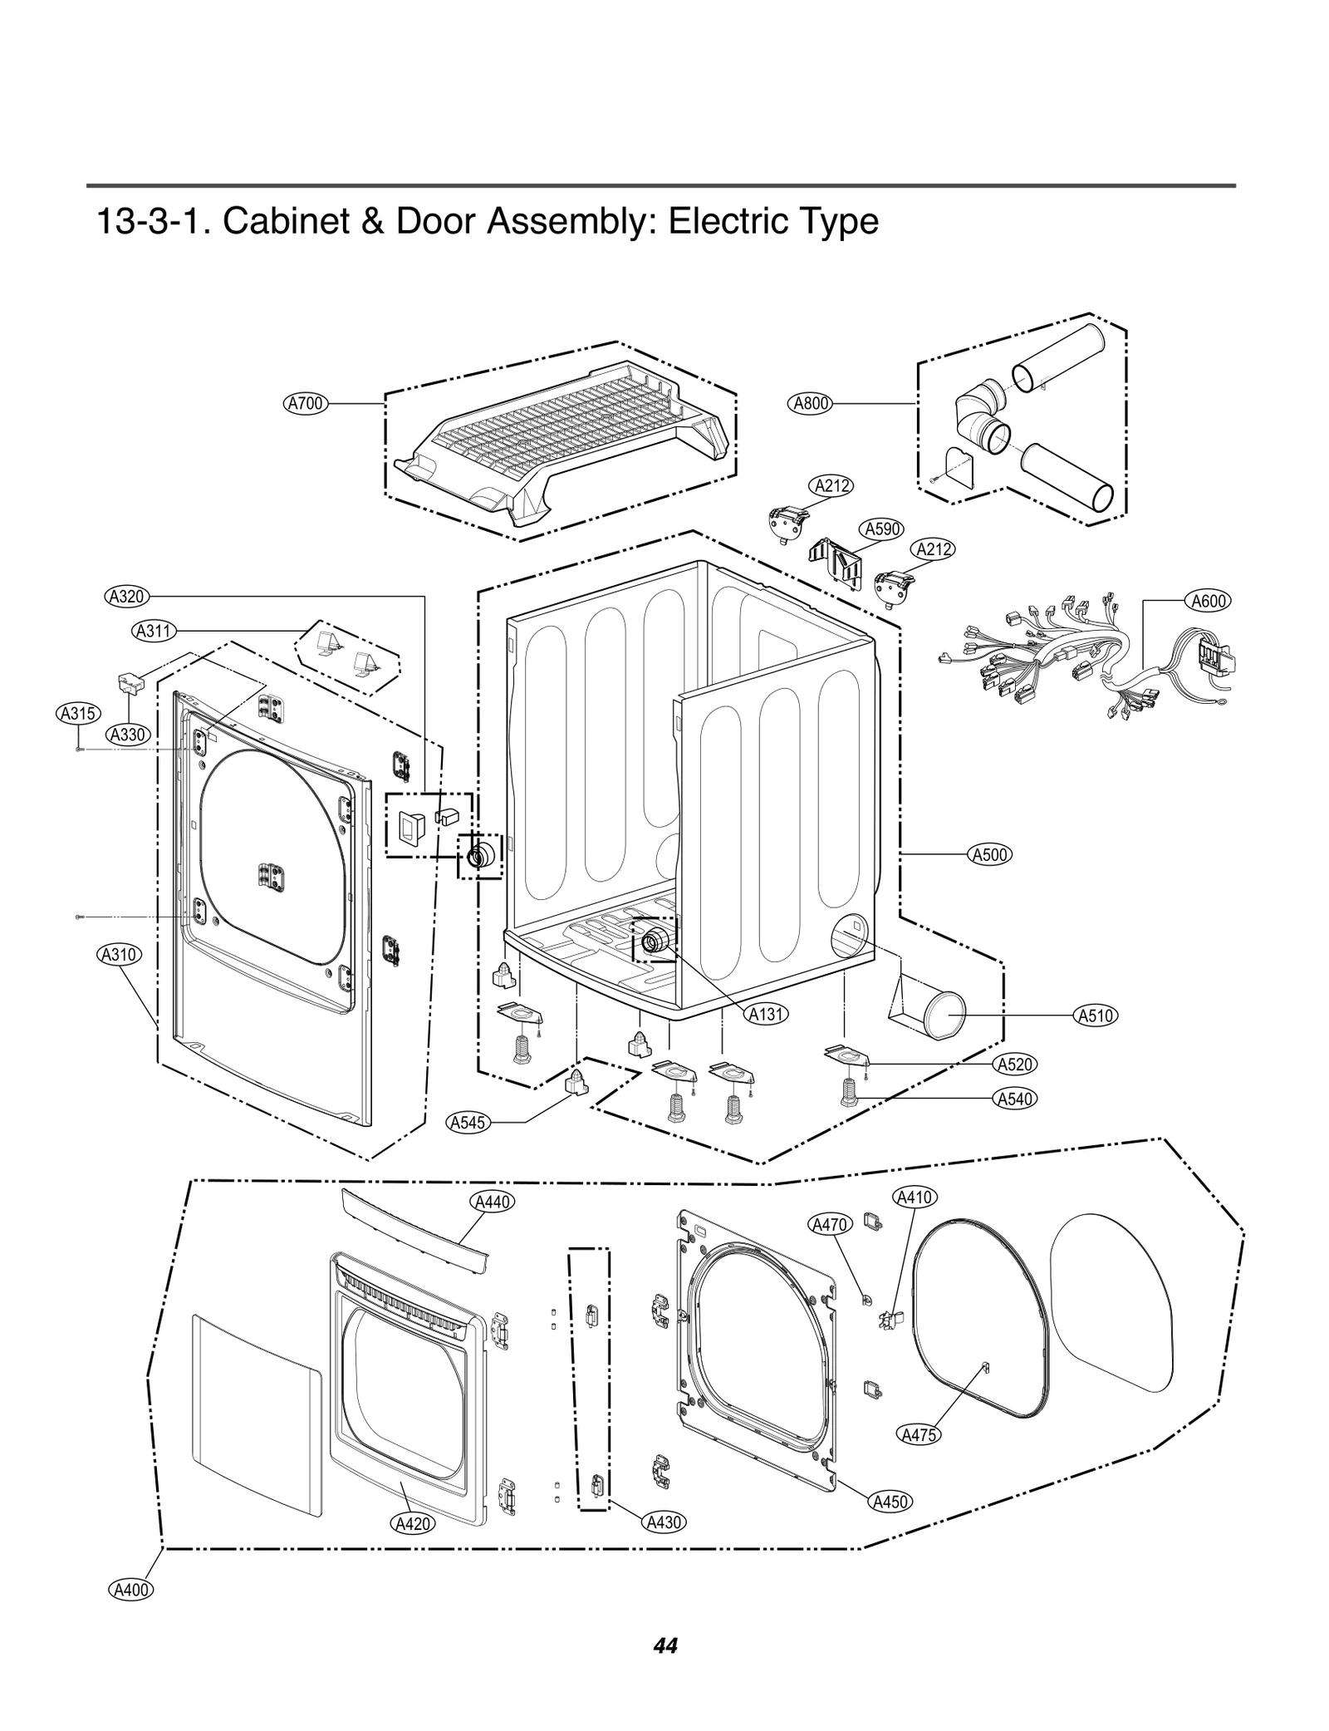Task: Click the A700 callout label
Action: click(x=305, y=404)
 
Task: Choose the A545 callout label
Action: click(x=467, y=1123)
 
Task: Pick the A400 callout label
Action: click(x=131, y=1590)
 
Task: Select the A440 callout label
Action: click(x=492, y=1202)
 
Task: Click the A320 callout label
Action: click(x=127, y=596)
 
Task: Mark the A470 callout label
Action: click(x=829, y=1224)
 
